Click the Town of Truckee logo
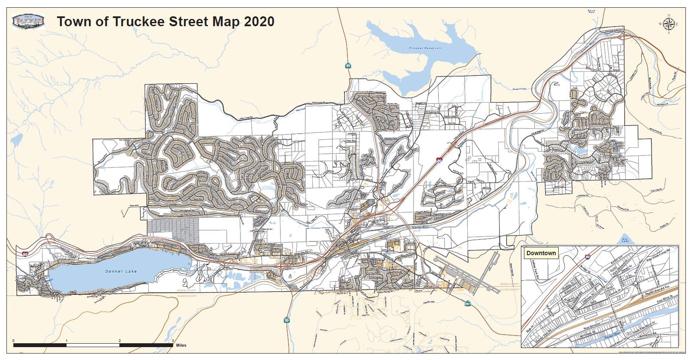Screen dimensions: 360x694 pos(28,21)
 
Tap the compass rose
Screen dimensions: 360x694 pos(669,24)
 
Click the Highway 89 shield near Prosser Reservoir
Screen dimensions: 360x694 pos(348,66)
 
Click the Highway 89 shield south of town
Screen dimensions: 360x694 pos(286,320)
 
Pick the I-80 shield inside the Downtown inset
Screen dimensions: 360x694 pos(587,258)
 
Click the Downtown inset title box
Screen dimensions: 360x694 pos(541,253)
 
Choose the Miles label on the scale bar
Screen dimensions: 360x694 pos(181,345)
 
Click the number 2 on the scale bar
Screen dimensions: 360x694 pos(119,341)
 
